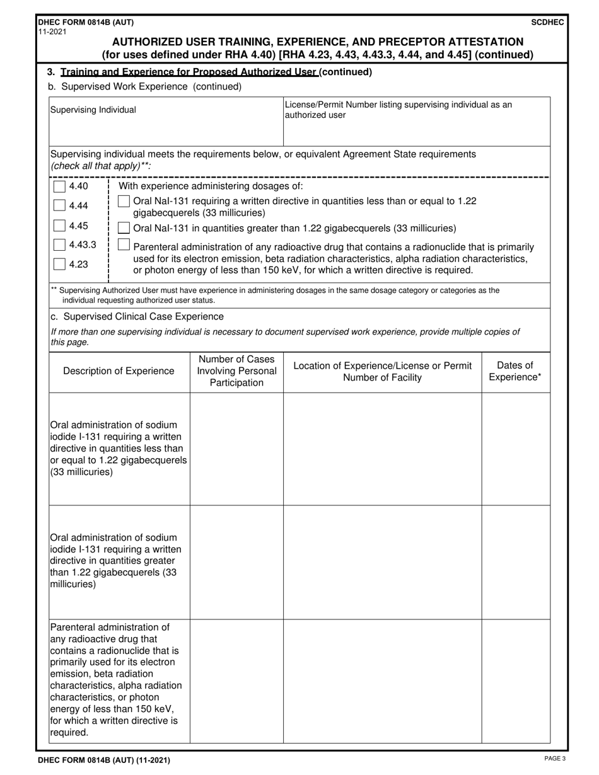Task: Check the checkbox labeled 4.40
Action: pos(59,187)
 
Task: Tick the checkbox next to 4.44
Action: pos(59,205)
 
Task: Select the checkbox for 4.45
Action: pos(59,226)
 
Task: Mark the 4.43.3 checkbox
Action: pos(59,244)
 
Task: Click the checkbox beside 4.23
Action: pos(59,264)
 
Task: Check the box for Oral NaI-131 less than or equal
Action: pos(125,201)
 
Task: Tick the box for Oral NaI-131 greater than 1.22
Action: pos(125,227)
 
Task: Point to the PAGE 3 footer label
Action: pos(554,759)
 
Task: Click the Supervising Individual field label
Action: pos(93,110)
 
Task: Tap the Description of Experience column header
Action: pos(119,371)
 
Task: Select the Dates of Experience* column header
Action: pos(515,371)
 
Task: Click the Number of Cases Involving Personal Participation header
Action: pos(236,371)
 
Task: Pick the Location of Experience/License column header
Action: pos(382,371)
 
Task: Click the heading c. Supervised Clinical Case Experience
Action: pos(137,316)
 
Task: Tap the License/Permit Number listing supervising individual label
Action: pos(398,110)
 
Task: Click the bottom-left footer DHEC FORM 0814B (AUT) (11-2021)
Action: pos(103,760)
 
